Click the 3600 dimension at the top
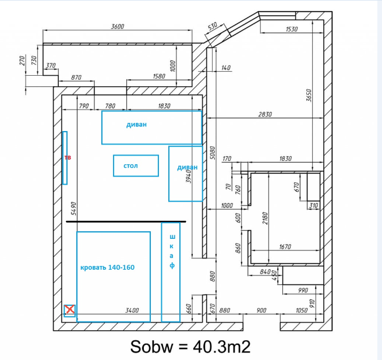pos(118,26)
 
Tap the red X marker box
pos(70,310)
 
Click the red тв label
pos(68,157)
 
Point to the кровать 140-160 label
pos(107,267)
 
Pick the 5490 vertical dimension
pos(73,209)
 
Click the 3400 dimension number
pos(132,310)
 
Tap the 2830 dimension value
pos(265,114)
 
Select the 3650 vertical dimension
pos(309,96)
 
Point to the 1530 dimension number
pos(292,29)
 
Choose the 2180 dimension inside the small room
pos(265,218)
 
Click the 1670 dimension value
pos(285,246)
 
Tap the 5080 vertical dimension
pos(213,153)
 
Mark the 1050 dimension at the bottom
pos(302,310)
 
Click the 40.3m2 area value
pos(222,347)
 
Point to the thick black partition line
pos(126,221)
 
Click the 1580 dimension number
pos(159,76)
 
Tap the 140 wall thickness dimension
pos(226,68)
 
